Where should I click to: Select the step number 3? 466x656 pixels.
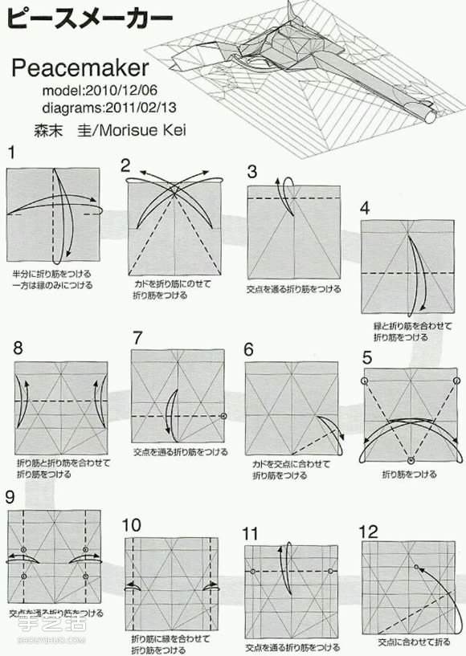(252, 171)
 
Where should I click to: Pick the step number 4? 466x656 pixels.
(366, 208)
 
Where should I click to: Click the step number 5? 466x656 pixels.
(367, 358)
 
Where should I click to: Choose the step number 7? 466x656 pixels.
(137, 337)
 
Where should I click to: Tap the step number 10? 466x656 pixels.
(132, 525)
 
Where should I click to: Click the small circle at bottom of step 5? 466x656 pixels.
(411, 460)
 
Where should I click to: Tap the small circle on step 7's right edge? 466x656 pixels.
(223, 417)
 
